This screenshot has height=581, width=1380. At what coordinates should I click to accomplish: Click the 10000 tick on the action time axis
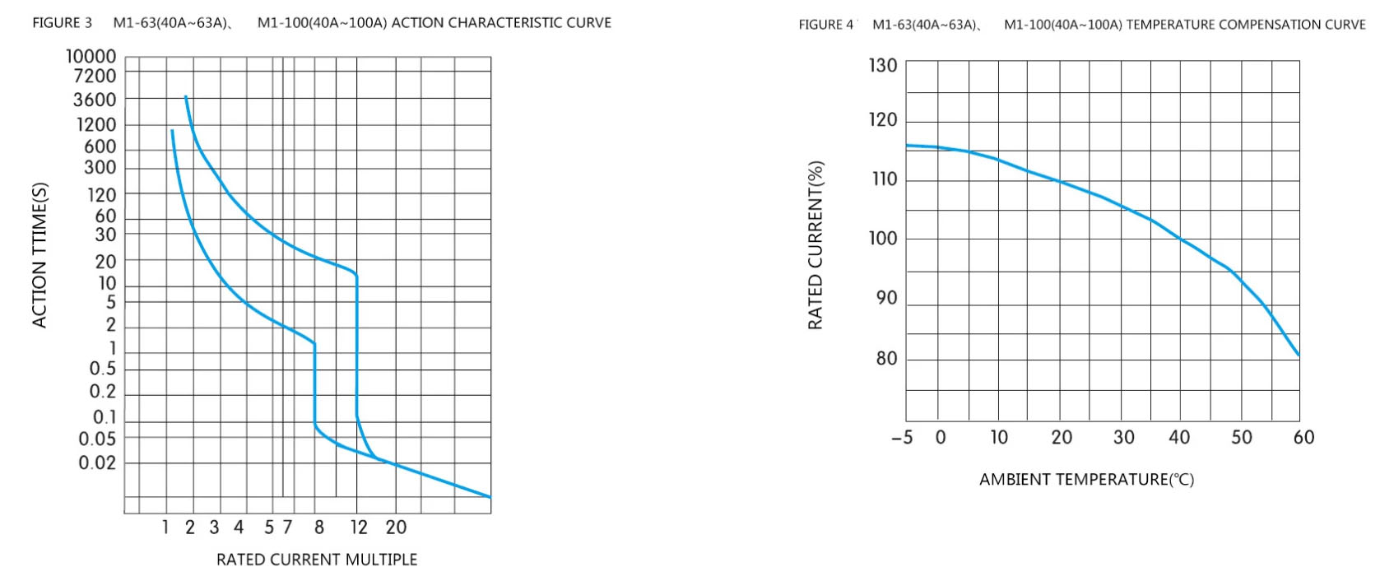[x=91, y=56]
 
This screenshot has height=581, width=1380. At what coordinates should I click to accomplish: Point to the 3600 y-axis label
[x=95, y=100]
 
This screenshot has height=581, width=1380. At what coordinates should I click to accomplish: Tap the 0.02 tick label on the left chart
[x=97, y=462]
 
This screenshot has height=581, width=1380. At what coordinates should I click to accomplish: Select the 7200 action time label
[x=95, y=76]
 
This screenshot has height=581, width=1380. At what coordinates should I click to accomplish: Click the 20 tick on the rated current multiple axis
[x=396, y=528]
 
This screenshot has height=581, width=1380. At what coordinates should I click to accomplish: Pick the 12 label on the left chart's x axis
[x=359, y=528]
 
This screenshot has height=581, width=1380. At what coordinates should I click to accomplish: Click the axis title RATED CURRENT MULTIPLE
[x=317, y=560]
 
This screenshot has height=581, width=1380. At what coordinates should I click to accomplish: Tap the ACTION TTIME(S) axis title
[x=39, y=255]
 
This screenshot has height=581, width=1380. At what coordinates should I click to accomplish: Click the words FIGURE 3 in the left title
[x=63, y=23]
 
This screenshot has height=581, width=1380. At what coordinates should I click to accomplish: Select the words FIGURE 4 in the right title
[x=826, y=25]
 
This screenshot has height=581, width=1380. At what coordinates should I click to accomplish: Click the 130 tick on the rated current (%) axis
[x=883, y=66]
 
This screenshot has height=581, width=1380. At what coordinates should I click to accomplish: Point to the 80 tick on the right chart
[x=886, y=359]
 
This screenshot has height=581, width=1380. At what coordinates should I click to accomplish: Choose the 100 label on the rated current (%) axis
[x=883, y=239]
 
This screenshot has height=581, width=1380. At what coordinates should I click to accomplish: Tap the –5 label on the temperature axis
[x=902, y=438]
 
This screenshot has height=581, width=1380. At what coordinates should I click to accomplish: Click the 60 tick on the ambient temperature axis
[x=1303, y=438]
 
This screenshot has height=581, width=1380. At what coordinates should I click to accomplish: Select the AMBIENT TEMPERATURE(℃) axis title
[x=1086, y=480]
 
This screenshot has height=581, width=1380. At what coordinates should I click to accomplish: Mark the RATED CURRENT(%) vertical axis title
[x=815, y=245]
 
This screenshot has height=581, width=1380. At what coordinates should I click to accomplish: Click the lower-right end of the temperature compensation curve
[x=1299, y=356]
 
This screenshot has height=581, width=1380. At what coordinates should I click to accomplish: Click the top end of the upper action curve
[x=186, y=97]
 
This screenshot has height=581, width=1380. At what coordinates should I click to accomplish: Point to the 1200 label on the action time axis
[x=96, y=125]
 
